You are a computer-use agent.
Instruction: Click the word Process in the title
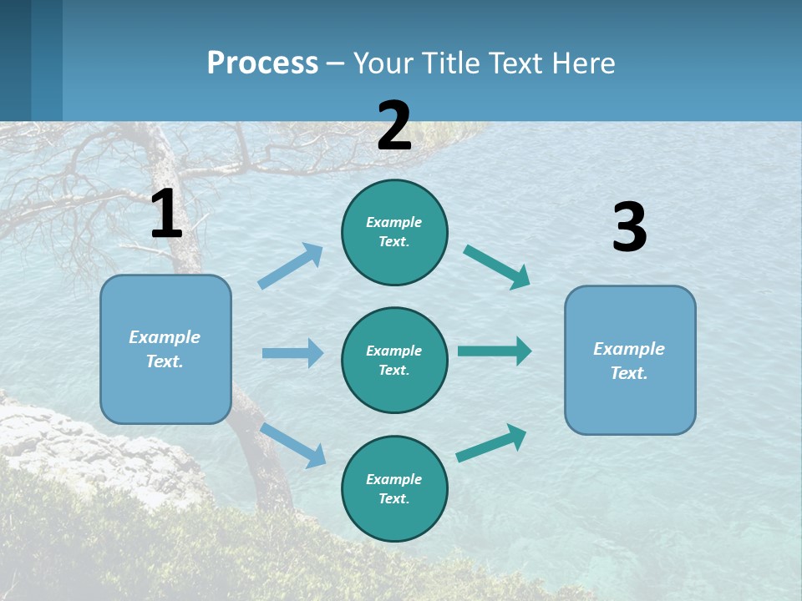262,63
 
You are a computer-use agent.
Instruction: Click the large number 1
166,214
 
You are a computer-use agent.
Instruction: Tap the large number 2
394,126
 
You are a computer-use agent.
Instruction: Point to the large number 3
629,227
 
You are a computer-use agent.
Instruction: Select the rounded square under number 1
165,349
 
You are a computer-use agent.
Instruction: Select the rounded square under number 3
630,360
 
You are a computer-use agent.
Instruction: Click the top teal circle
394,232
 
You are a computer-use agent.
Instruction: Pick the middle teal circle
394,360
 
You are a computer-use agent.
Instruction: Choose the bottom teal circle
394,488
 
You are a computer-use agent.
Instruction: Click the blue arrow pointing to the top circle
291,266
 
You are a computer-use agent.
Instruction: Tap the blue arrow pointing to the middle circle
292,353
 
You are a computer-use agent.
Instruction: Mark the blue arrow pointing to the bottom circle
293,445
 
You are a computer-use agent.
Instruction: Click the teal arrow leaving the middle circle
495,351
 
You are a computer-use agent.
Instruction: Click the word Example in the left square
165,337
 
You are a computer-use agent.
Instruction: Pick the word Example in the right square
629,349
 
